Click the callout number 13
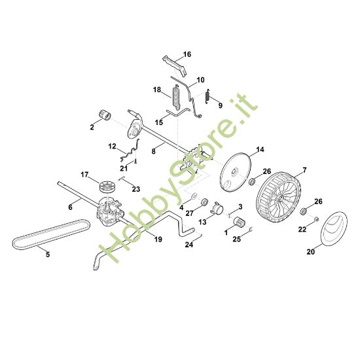202,223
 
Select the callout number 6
70,207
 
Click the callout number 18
157,89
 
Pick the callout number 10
200,79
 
